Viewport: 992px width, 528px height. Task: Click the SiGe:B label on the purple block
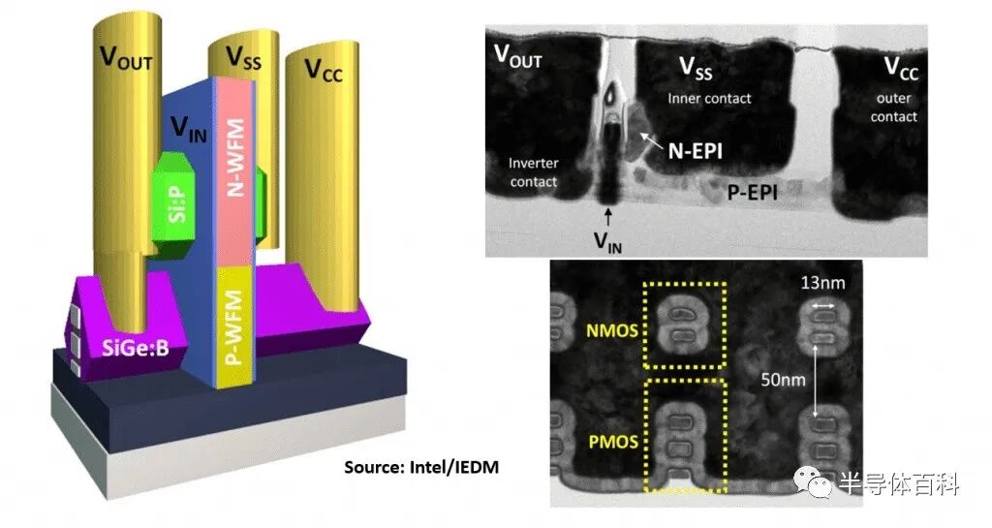tap(135, 346)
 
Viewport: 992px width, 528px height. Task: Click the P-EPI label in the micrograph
tap(753, 194)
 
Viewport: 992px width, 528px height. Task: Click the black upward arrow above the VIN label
tap(608, 214)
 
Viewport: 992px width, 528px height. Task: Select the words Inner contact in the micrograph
tap(709, 99)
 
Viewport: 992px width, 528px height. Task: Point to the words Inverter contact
tap(534, 172)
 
